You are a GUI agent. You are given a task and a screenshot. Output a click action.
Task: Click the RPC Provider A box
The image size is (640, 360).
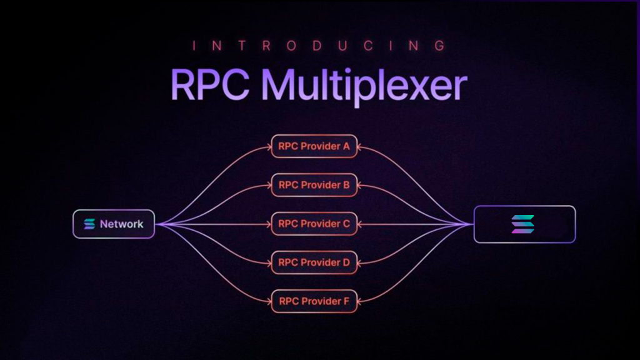[314, 146]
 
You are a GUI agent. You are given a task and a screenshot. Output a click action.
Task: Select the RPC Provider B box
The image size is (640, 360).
[314, 185]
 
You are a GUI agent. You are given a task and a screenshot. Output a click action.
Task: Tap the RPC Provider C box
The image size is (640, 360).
[314, 224]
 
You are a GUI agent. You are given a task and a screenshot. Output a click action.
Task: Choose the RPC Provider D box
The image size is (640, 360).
[314, 262]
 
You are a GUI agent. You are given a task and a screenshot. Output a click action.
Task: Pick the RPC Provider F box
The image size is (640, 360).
[314, 301]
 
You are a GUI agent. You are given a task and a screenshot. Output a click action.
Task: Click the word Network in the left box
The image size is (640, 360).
[122, 224]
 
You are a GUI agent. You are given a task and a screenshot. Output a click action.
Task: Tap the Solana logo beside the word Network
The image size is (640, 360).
[89, 224]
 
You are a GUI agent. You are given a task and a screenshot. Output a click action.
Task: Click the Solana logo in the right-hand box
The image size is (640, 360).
[523, 224]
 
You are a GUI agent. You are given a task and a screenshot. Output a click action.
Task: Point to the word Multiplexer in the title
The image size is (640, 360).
[364, 86]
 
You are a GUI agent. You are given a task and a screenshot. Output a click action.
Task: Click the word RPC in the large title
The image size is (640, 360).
[210, 85]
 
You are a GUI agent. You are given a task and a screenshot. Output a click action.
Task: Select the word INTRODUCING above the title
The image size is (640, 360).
[319, 46]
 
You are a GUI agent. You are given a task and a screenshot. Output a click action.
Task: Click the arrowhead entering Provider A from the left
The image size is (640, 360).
[269, 146]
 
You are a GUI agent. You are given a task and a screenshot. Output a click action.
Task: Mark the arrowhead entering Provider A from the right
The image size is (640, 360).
[360, 146]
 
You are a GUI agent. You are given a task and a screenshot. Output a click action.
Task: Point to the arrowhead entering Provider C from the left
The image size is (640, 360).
[269, 224]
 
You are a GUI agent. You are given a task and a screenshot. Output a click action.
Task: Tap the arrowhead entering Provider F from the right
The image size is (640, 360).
[360, 302]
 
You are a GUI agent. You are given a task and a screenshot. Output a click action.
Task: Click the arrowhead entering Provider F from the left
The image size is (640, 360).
[269, 302]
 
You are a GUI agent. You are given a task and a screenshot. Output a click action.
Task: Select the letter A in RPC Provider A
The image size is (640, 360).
[346, 146]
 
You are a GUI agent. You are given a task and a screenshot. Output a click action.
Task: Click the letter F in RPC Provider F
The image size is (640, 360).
[346, 301]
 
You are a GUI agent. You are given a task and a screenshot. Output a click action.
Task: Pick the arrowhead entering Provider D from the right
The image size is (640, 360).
[360, 263]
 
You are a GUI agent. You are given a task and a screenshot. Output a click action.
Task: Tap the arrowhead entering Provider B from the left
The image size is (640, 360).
[269, 185]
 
